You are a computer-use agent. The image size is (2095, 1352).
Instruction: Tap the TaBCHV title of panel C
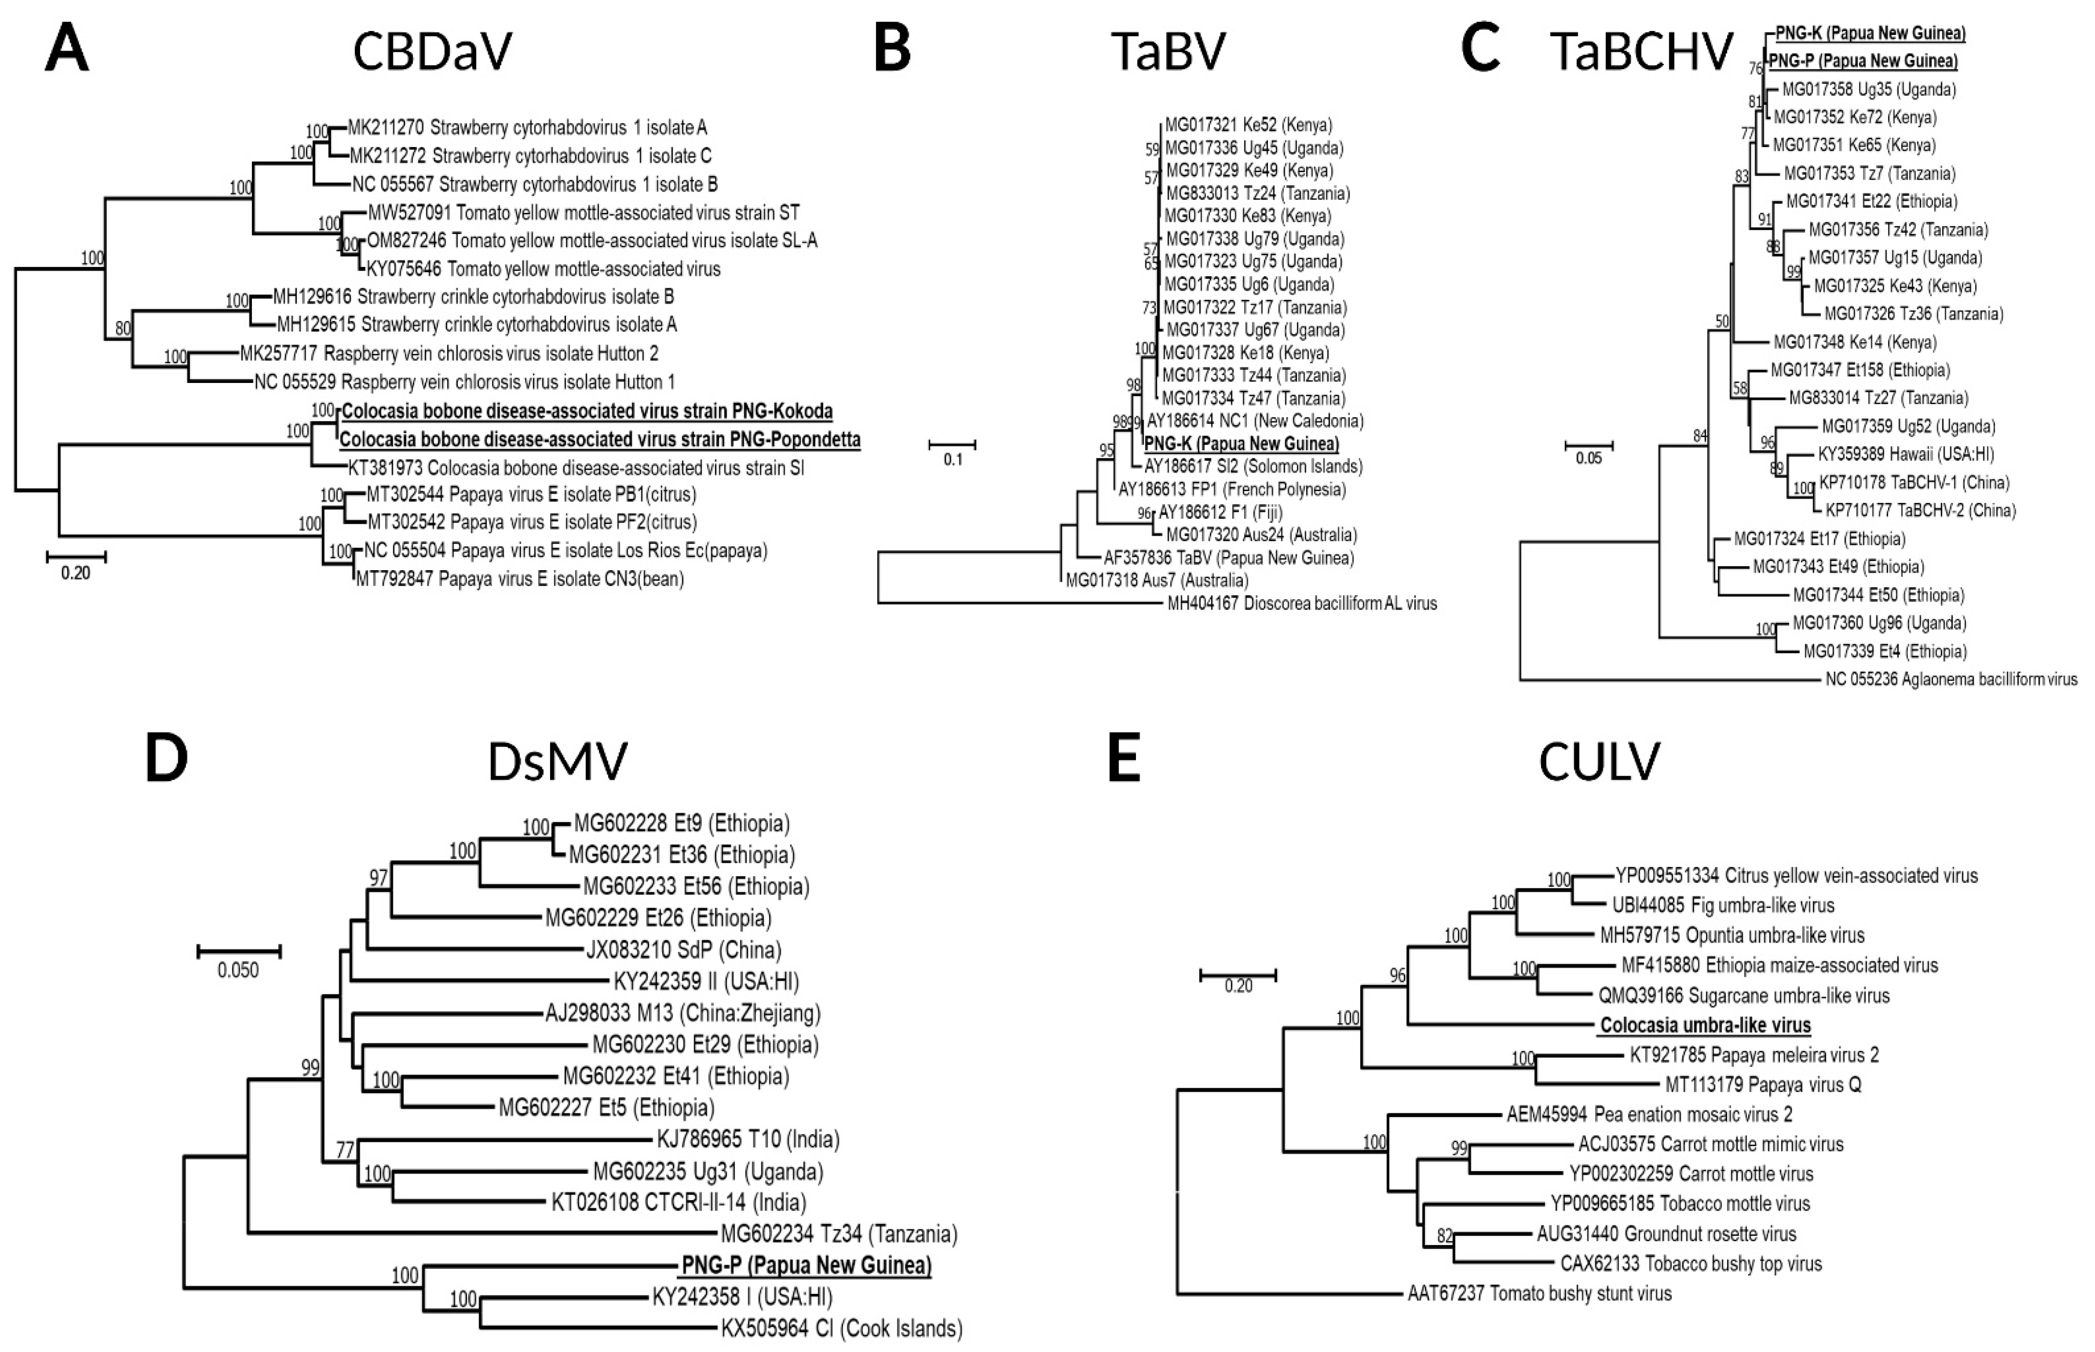click(x=1641, y=51)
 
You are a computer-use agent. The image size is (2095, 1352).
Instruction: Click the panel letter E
click(x=1124, y=759)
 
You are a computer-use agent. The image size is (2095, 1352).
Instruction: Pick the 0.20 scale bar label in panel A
click(x=75, y=573)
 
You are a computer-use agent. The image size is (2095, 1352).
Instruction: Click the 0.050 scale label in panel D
click(x=238, y=970)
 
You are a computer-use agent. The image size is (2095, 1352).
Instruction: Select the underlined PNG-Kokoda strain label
click(x=586, y=411)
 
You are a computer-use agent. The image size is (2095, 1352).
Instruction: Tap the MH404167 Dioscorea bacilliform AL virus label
click(x=1302, y=603)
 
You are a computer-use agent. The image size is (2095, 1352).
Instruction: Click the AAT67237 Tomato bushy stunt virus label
click(x=1540, y=1293)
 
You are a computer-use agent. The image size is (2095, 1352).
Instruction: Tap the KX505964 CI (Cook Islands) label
click(x=841, y=1328)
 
